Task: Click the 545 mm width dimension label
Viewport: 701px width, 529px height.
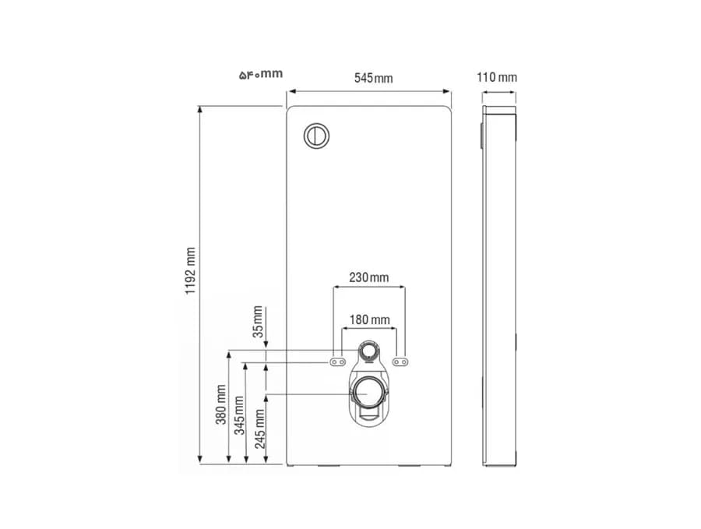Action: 373,78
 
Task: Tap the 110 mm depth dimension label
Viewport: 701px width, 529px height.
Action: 497,77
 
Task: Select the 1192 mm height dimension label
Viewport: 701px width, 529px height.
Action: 191,270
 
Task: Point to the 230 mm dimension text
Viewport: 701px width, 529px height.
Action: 369,277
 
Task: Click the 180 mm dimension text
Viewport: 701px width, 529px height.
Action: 369,319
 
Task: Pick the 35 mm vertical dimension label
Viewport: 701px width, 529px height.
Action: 259,322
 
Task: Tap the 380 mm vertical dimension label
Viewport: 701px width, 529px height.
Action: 221,404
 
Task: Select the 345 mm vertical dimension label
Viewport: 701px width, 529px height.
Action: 240,415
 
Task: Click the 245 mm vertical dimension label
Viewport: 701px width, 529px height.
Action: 259,428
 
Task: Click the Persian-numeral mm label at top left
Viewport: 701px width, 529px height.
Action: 261,74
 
